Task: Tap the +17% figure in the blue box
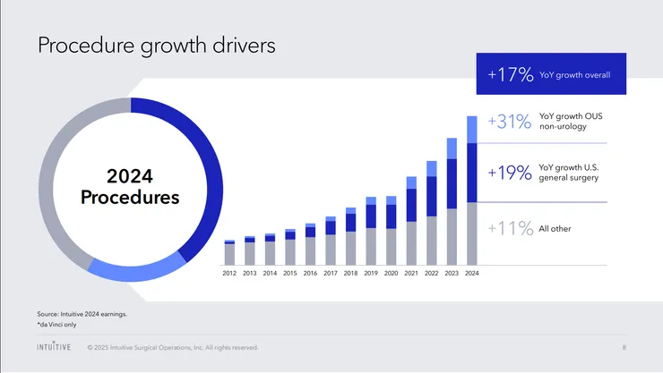click(510, 74)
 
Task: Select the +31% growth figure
click(510, 122)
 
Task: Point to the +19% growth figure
click(510, 171)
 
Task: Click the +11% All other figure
click(510, 228)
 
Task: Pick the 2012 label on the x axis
click(229, 273)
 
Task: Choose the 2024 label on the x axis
click(472, 273)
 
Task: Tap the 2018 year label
click(350, 273)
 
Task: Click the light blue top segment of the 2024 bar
click(472, 129)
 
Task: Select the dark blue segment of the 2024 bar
click(472, 174)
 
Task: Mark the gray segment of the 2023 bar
click(452, 238)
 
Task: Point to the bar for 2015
click(290, 248)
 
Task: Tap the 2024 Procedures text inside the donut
click(130, 184)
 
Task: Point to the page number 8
click(624, 347)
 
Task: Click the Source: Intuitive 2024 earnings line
click(82, 314)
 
